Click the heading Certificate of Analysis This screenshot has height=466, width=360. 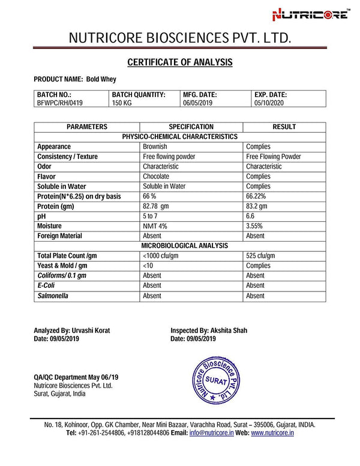coord(180,62)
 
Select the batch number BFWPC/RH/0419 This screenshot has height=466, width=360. coord(59,103)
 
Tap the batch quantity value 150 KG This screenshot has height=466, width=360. coord(122,103)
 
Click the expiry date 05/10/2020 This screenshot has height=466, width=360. coord(269,103)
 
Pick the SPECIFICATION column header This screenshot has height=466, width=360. coord(191,127)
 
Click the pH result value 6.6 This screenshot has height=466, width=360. coord(251,216)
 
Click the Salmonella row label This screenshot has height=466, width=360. coord(53,296)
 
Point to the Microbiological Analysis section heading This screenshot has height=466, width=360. coord(184,246)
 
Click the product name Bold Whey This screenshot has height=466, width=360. coord(101,79)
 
